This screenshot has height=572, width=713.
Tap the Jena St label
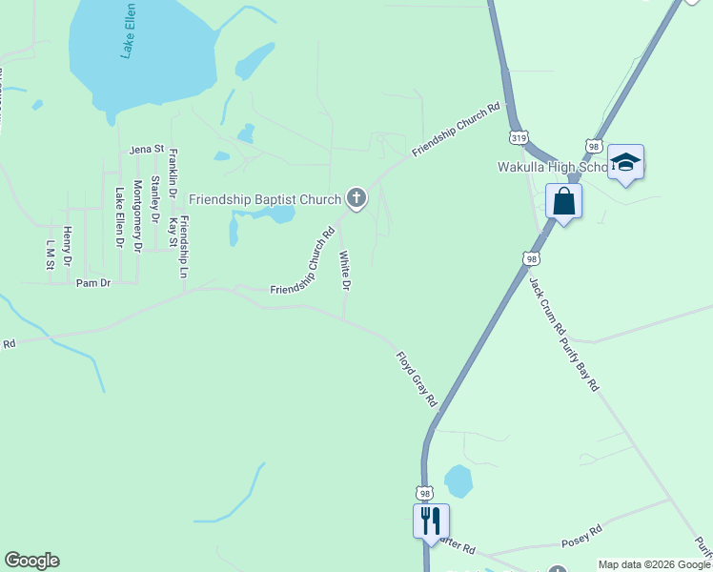pos(147,150)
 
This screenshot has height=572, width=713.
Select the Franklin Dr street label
pos(173,179)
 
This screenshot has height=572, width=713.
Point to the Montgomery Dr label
pos(138,215)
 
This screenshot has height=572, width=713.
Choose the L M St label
pos(50,255)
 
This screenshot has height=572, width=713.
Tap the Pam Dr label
pos(94,284)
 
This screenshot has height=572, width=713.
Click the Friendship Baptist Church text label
pos(265,199)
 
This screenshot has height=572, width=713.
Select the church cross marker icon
pos(356,198)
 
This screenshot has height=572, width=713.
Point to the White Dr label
pos(345,271)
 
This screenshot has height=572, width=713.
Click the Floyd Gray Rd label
pos(417,379)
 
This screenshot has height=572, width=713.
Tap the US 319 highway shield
pos(519,137)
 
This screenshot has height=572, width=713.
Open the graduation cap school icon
pos(625,163)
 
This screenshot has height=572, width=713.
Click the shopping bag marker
pos(563,201)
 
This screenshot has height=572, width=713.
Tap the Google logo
pos(31,561)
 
